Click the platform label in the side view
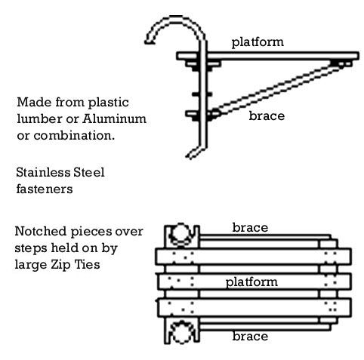click(x=258, y=42)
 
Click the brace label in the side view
click(x=267, y=115)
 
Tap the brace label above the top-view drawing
click(x=250, y=227)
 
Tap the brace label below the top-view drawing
click(x=250, y=336)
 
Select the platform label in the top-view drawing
click(x=251, y=282)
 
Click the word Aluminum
click(x=114, y=118)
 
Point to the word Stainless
click(x=43, y=172)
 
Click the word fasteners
click(x=45, y=189)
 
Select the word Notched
click(x=41, y=231)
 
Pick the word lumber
click(x=40, y=118)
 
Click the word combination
click(x=74, y=135)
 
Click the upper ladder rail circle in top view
click(x=181, y=235)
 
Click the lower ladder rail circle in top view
click(x=181, y=331)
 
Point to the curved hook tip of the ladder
click(x=147, y=42)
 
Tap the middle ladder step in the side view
click(x=202, y=94)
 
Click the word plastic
click(x=108, y=103)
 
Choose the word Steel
click(x=89, y=172)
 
